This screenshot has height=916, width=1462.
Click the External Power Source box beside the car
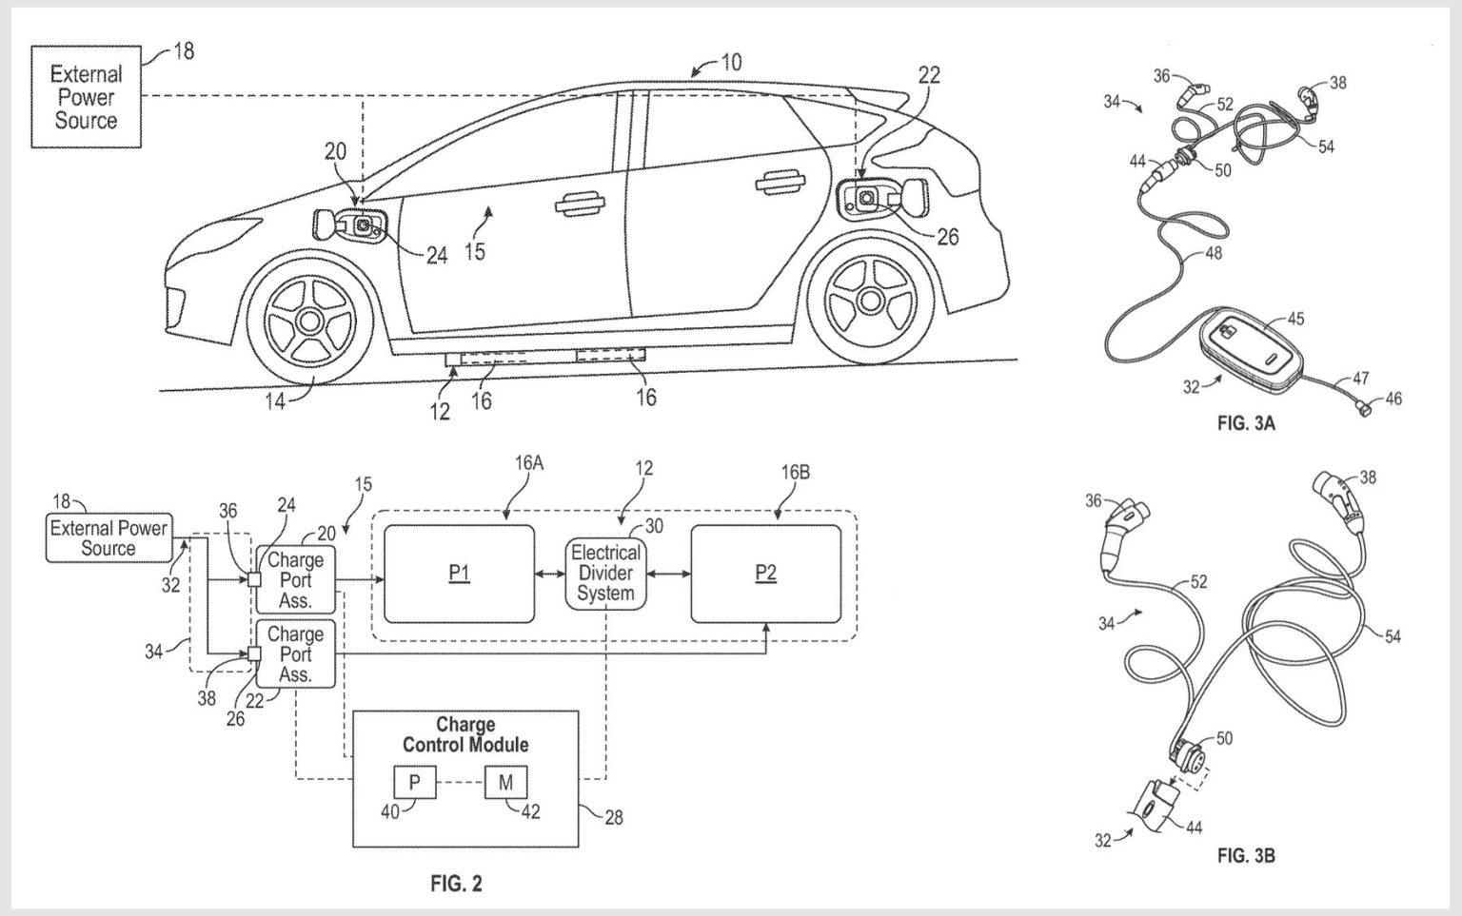point(86,97)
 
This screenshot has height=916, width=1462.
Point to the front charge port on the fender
point(362,225)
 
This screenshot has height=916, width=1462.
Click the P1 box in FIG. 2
point(459,573)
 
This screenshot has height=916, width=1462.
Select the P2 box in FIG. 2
point(765,573)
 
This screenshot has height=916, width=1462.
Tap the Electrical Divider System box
point(605,573)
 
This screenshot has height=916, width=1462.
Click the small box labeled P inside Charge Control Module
point(415,782)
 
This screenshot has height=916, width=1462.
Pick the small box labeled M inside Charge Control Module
point(505,782)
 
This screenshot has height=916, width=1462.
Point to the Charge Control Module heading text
point(465,734)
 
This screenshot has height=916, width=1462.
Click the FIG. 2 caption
point(456,884)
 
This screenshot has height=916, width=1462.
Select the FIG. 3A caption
point(1245,424)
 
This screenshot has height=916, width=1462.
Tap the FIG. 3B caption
point(1245,856)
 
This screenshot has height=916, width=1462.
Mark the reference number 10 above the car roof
point(731,63)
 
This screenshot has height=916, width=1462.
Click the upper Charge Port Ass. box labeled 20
point(295,579)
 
